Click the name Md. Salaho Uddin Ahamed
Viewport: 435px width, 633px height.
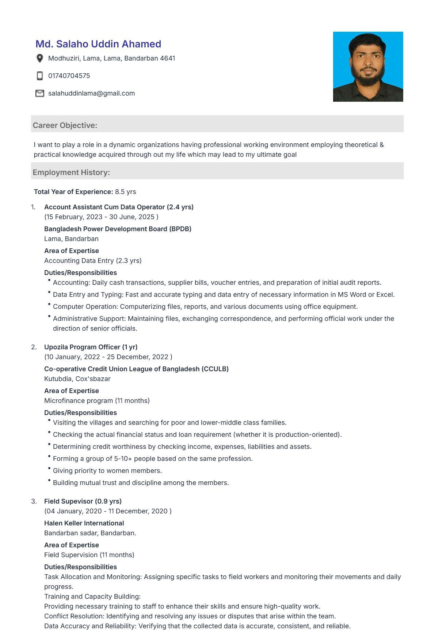[x=98, y=44]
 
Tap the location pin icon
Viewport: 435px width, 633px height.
[x=40, y=58]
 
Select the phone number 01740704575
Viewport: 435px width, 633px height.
[x=69, y=76]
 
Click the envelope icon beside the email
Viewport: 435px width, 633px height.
[x=39, y=93]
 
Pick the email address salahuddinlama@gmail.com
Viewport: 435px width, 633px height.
[x=91, y=93]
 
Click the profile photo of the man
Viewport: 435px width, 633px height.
[x=368, y=67]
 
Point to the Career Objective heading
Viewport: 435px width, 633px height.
[x=65, y=125]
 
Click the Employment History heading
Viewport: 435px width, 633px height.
[x=71, y=172]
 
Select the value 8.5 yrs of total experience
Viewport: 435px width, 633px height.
[x=125, y=192]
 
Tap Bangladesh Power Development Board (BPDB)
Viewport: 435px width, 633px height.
[x=118, y=229]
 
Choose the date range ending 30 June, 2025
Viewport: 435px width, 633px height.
[x=101, y=217]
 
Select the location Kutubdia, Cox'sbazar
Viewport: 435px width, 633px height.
[x=77, y=379]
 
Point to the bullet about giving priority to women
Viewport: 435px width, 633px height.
[x=107, y=471]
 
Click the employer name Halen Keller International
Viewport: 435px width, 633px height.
[x=84, y=523]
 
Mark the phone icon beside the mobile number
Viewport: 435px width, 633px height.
[x=39, y=76]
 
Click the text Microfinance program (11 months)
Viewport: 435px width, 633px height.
[x=97, y=401]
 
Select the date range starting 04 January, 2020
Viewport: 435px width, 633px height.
[x=108, y=511]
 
